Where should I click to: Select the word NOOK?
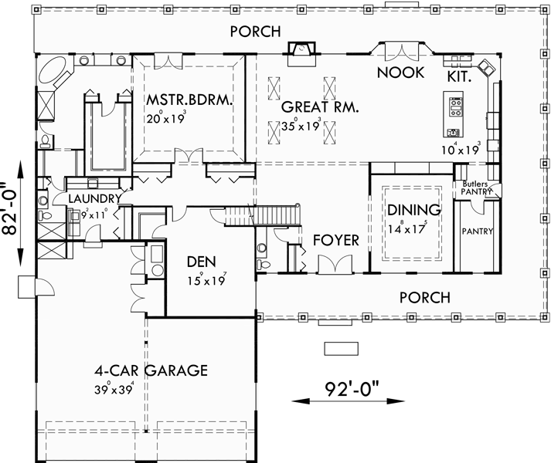click(400, 73)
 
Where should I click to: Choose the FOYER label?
click(336, 241)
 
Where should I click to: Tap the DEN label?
click(205, 261)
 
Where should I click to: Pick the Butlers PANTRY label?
click(476, 188)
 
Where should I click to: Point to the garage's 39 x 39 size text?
click(112, 388)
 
